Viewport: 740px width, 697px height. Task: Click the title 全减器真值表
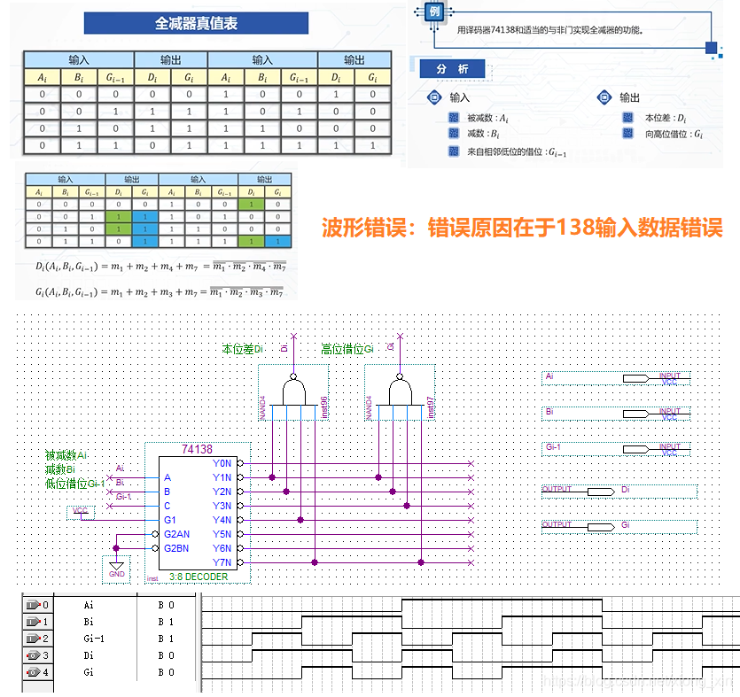(196, 24)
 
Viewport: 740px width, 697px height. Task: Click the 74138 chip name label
(197, 449)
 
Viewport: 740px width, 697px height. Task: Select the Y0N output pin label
(222, 463)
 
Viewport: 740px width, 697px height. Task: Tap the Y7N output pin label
(222, 562)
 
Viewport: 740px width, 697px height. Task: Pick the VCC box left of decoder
(81, 511)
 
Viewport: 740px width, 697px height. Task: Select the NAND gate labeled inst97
(400, 390)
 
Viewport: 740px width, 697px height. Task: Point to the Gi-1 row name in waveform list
(94, 639)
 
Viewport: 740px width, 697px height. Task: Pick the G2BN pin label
(176, 548)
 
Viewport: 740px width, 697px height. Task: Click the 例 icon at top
(434, 12)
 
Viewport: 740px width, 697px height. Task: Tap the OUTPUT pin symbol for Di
(600, 491)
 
